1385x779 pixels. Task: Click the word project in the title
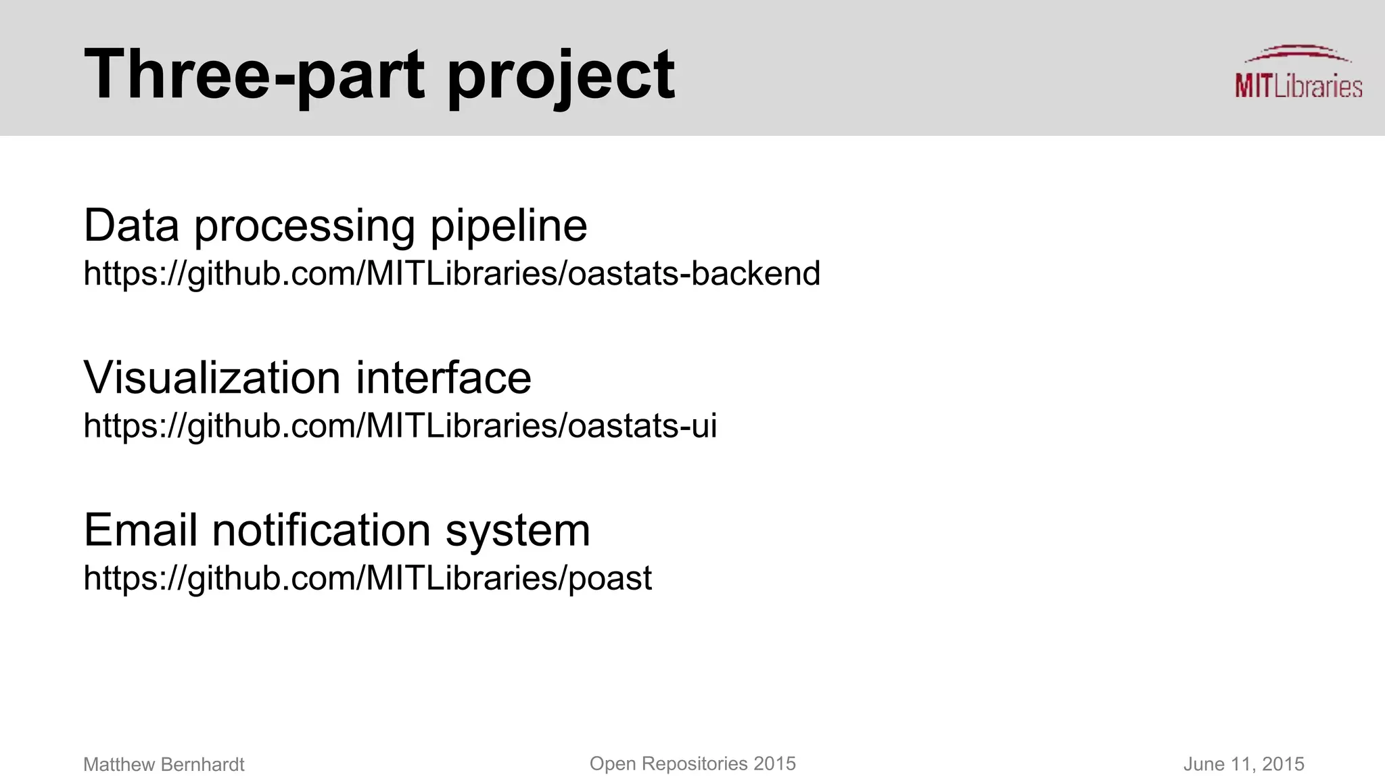pyautogui.click(x=561, y=76)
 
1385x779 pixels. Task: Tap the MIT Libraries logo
pyautogui.click(x=1298, y=74)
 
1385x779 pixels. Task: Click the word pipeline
pyautogui.click(x=509, y=227)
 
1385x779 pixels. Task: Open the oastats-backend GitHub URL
pyautogui.click(x=451, y=274)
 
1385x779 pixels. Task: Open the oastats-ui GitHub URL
pyautogui.click(x=400, y=426)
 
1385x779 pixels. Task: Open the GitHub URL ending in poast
pyautogui.click(x=367, y=578)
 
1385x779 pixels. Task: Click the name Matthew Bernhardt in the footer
pyautogui.click(x=164, y=765)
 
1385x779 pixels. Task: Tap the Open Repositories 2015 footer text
pyautogui.click(x=692, y=764)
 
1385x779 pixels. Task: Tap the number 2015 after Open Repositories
pyautogui.click(x=774, y=764)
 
